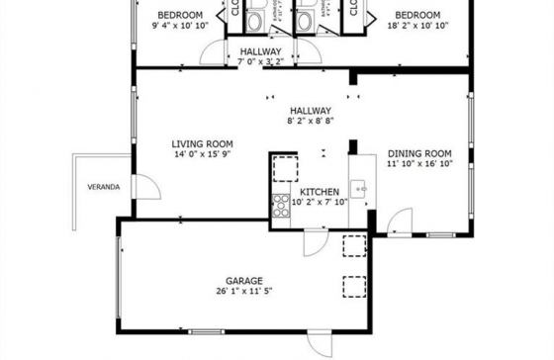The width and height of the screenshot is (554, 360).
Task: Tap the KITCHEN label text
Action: [x=320, y=192]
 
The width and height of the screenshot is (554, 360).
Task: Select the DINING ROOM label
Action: [x=419, y=153]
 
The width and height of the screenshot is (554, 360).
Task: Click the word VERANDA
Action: [x=104, y=185]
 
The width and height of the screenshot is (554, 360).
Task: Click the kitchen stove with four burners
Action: [x=280, y=207]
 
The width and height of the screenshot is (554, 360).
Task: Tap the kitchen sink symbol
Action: [x=359, y=188]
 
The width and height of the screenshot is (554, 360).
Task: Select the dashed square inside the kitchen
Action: [x=285, y=168]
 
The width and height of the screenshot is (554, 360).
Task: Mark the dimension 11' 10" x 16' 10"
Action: [x=419, y=165]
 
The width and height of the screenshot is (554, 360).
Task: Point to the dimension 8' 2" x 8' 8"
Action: [x=310, y=122]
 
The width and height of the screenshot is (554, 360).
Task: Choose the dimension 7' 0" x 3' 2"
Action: [x=261, y=61]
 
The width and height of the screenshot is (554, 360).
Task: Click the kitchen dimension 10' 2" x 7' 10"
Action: [x=320, y=203]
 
